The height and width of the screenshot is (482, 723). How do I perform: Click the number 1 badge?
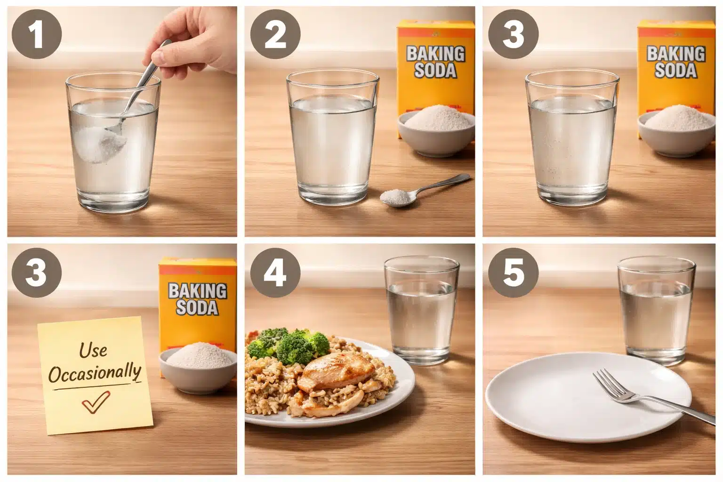(x=37, y=34)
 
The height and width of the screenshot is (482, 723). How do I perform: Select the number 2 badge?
(x=275, y=34)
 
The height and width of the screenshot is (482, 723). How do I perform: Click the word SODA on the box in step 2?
(x=435, y=71)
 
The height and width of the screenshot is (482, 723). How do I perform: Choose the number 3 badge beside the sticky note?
(x=37, y=273)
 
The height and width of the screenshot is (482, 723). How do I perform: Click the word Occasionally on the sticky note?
(x=95, y=374)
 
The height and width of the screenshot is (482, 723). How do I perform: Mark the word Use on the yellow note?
(x=93, y=350)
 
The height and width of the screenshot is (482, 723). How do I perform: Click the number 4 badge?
(x=275, y=273)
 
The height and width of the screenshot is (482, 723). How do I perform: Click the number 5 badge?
(x=513, y=273)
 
